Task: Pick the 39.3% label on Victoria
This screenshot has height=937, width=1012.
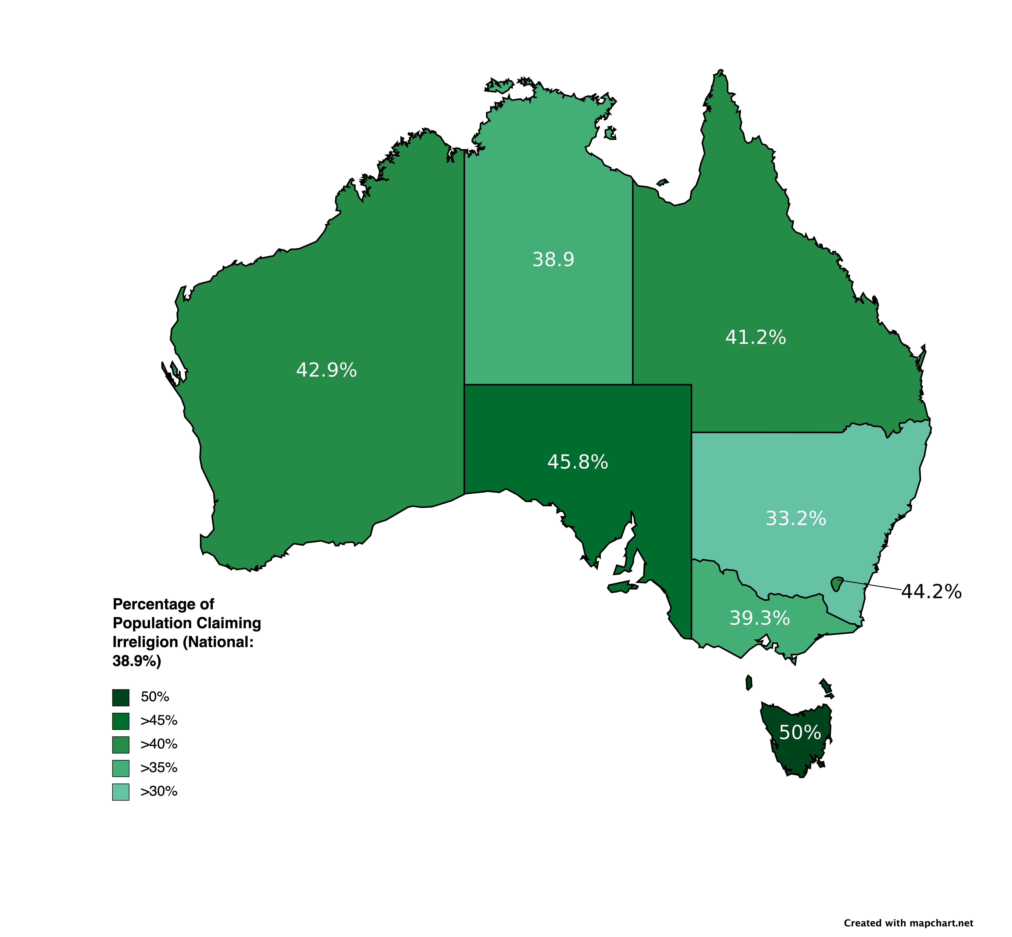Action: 759,618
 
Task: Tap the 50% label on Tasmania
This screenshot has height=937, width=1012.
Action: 799,732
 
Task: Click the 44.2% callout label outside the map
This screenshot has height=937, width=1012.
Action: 931,592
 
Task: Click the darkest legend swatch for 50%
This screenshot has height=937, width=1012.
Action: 121,697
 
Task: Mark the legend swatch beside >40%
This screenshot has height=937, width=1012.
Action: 121,744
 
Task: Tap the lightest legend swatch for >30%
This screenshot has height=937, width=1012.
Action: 121,791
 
